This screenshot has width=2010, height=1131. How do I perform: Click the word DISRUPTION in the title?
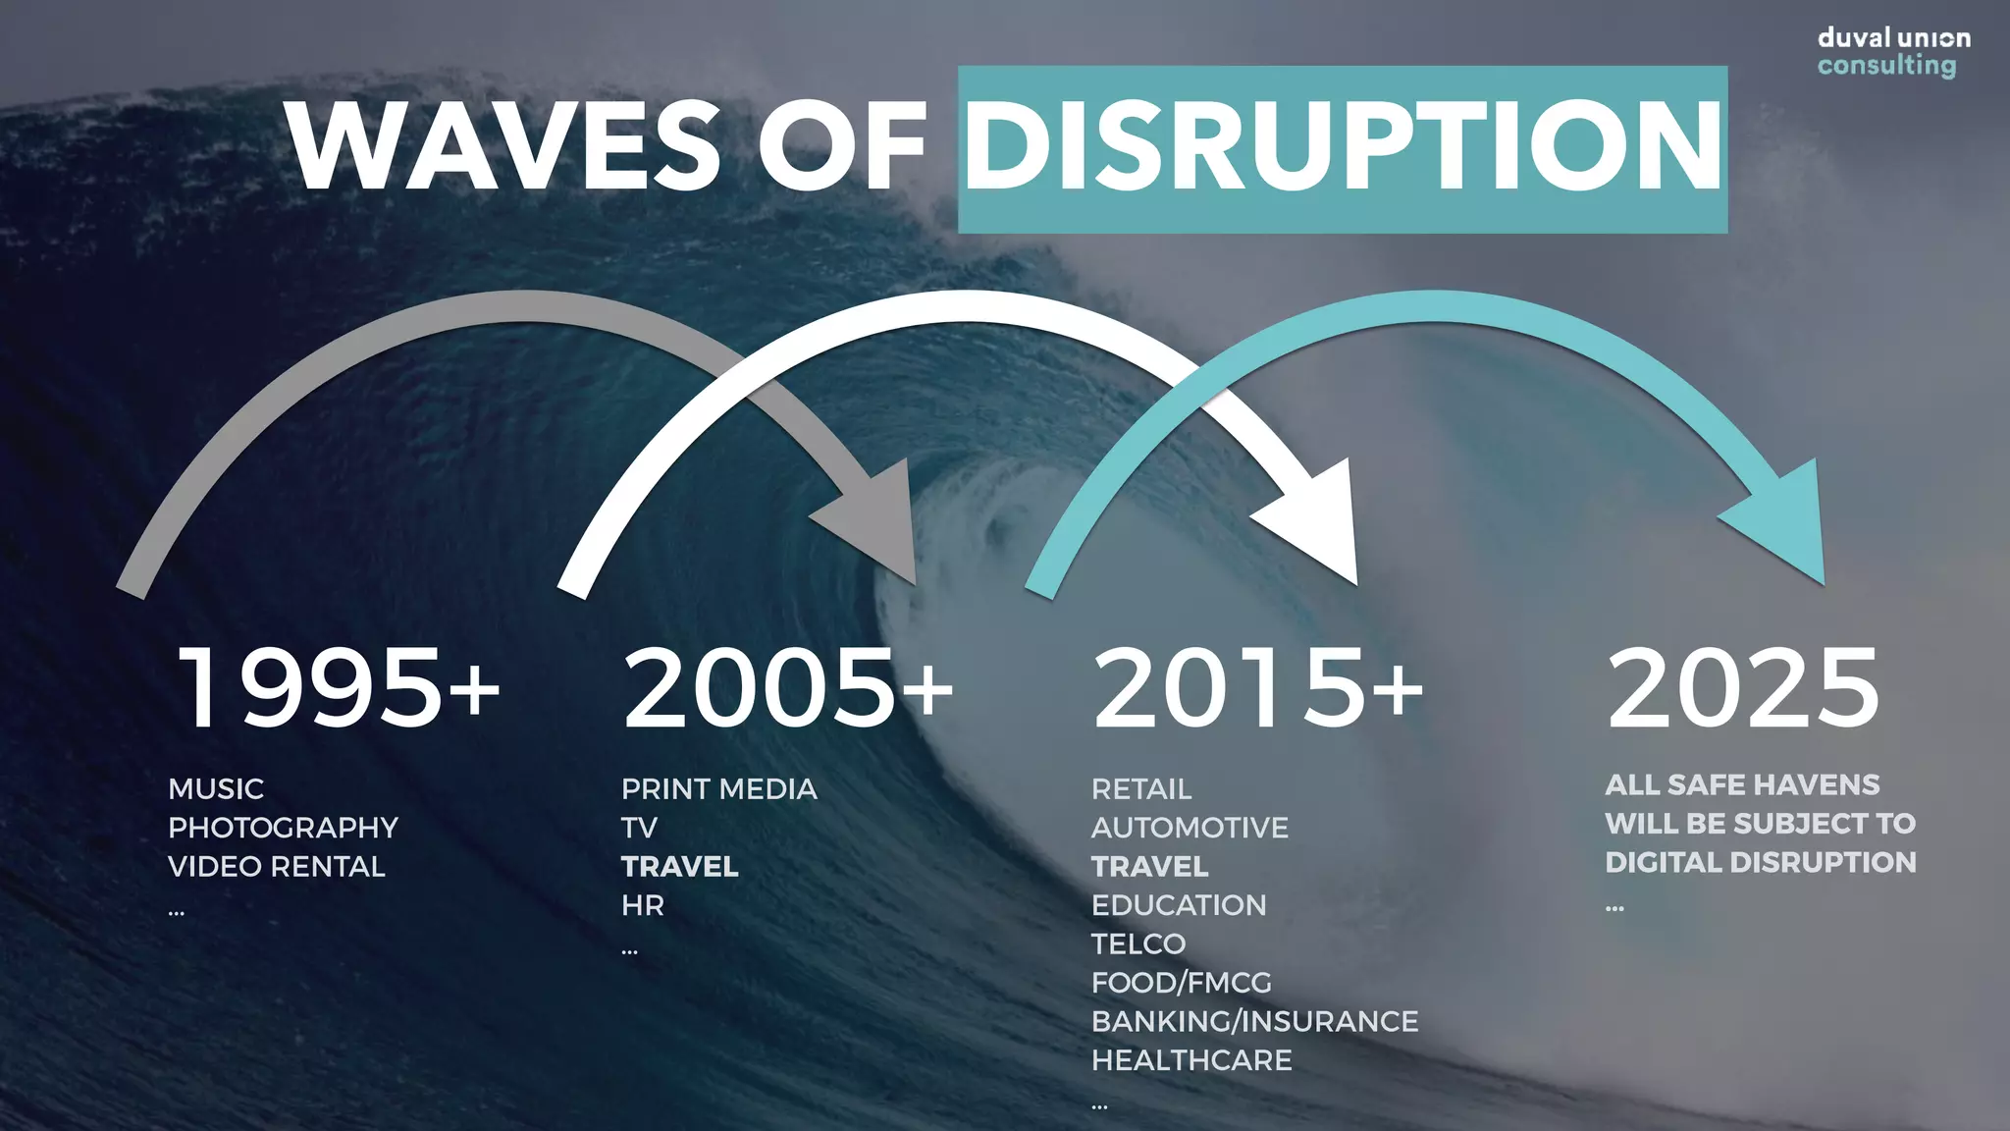[x=1343, y=147]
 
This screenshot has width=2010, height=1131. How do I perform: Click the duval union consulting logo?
[x=1893, y=52]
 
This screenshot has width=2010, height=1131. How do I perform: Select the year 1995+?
[x=339, y=688]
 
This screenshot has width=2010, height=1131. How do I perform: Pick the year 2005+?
[x=788, y=688]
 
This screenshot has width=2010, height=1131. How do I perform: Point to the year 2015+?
[x=1258, y=688]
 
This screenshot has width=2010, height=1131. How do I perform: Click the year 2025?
[x=1743, y=688]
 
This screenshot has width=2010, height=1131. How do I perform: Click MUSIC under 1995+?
[x=216, y=789]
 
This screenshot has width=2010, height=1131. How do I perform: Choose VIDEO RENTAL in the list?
[x=277, y=867]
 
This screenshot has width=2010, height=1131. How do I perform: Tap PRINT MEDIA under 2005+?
[x=718, y=789]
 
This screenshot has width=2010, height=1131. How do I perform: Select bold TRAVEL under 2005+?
[x=679, y=867]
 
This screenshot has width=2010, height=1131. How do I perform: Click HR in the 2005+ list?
[x=643, y=905]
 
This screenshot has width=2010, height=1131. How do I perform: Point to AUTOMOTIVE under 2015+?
[x=1190, y=828]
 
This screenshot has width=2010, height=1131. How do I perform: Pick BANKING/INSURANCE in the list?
[x=1254, y=1022]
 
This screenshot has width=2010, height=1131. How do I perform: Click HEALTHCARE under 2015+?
[x=1191, y=1060]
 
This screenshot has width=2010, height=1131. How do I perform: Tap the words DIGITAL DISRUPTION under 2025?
[x=1761, y=863]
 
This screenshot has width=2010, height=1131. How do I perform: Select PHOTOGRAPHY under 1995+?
[x=283, y=828]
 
